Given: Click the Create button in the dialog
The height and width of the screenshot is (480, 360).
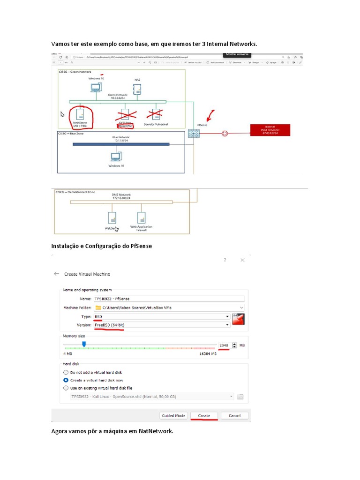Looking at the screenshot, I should pyautogui.click(x=204, y=415).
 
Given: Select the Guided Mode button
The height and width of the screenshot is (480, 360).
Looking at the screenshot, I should pyautogui.click(x=174, y=415).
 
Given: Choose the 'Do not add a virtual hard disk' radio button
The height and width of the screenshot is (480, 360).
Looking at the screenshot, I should pyautogui.click(x=66, y=372).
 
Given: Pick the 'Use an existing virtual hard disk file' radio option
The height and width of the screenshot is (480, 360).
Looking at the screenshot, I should pyautogui.click(x=66, y=388).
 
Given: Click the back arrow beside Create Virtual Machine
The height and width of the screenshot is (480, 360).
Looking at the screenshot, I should pyautogui.click(x=57, y=274).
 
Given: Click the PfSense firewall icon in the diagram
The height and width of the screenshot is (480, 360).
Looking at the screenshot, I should pyautogui.click(x=194, y=133).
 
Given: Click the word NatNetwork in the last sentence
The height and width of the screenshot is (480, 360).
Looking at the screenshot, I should pyautogui.click(x=156, y=431).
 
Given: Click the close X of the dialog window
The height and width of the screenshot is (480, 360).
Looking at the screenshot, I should pyautogui.click(x=242, y=260).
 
